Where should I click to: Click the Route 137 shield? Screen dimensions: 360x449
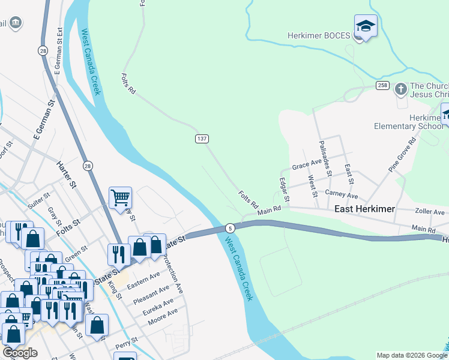[x=202, y=139]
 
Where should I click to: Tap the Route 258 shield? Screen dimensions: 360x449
[x=382, y=86]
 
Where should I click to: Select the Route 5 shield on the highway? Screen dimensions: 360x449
[x=229, y=228]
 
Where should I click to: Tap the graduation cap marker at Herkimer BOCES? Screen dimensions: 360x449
[x=365, y=26]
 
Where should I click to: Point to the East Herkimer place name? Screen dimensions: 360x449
[x=364, y=209]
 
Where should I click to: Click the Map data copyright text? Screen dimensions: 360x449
[x=411, y=355]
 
